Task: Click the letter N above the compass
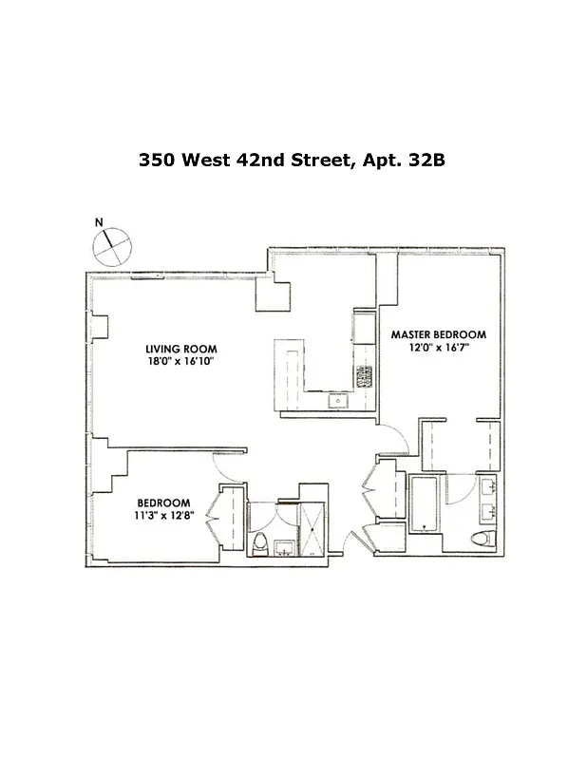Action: point(99,222)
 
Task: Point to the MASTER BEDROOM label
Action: point(439,334)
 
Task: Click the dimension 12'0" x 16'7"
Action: point(439,349)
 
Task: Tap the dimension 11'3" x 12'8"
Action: point(163,517)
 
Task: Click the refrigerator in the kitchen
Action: point(365,329)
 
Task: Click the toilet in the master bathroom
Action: point(482,539)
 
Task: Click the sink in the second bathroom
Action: point(283,547)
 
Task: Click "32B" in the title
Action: point(425,161)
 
